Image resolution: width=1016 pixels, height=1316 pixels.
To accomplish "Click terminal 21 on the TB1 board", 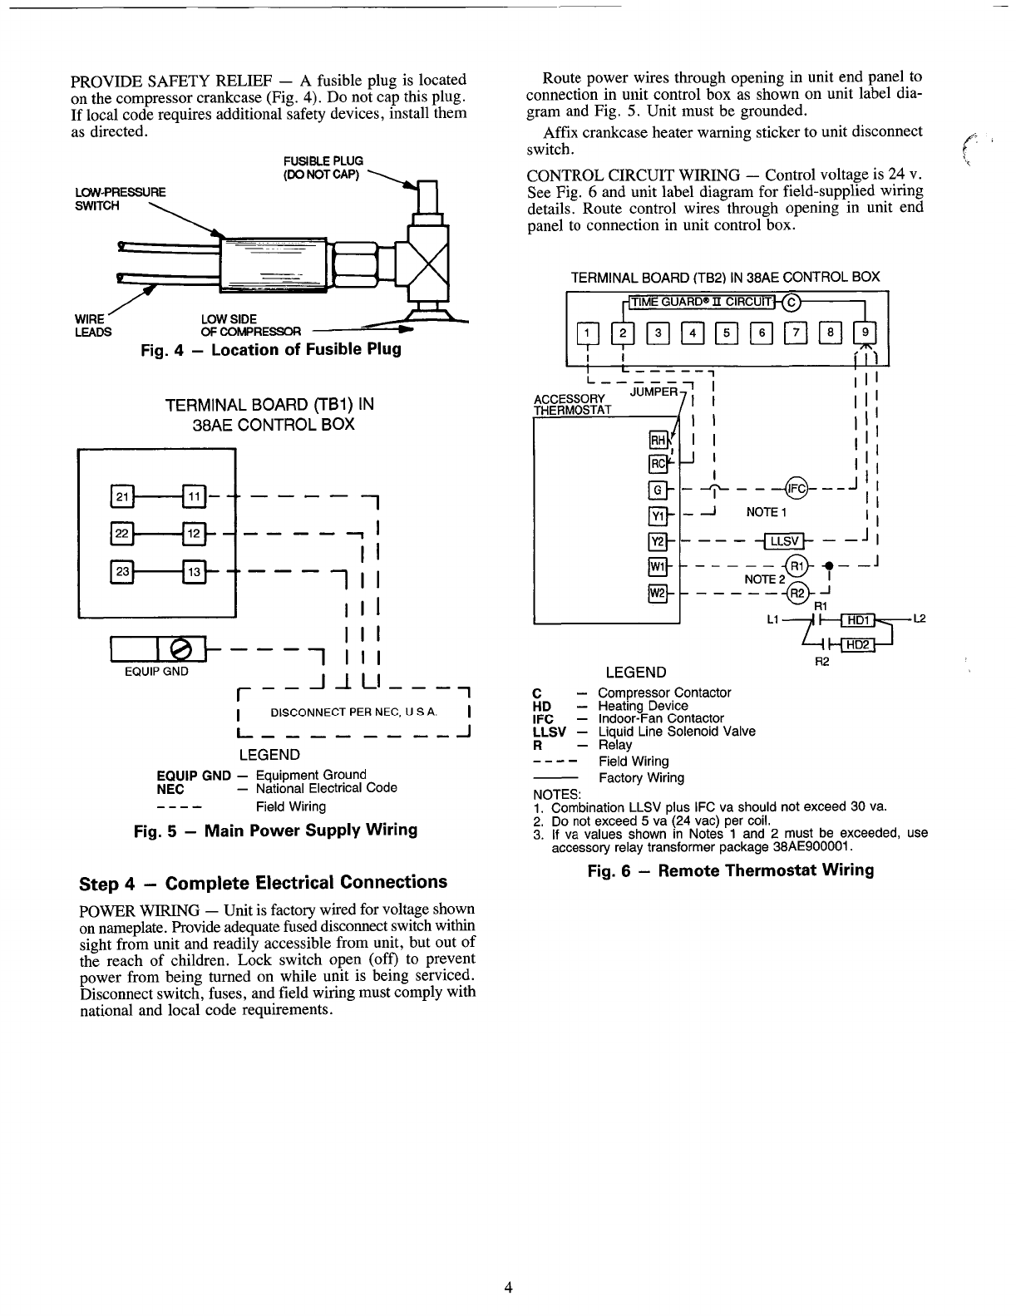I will click(121, 498).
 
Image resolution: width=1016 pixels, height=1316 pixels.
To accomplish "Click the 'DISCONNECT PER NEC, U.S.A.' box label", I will click(353, 712).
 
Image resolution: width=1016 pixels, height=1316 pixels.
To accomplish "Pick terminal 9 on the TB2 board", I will click(865, 334).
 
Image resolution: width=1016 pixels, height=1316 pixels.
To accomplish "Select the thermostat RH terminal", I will click(656, 441).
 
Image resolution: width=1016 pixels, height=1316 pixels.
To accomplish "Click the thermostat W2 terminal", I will click(656, 593).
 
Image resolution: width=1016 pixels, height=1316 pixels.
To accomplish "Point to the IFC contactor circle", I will click(796, 488).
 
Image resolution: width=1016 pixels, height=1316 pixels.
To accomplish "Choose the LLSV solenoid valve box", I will click(783, 542).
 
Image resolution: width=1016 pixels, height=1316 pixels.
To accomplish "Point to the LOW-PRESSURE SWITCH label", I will click(120, 199).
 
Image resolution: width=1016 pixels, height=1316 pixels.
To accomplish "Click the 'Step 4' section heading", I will click(263, 882).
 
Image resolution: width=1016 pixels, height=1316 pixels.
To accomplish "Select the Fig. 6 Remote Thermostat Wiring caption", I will click(730, 870).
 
